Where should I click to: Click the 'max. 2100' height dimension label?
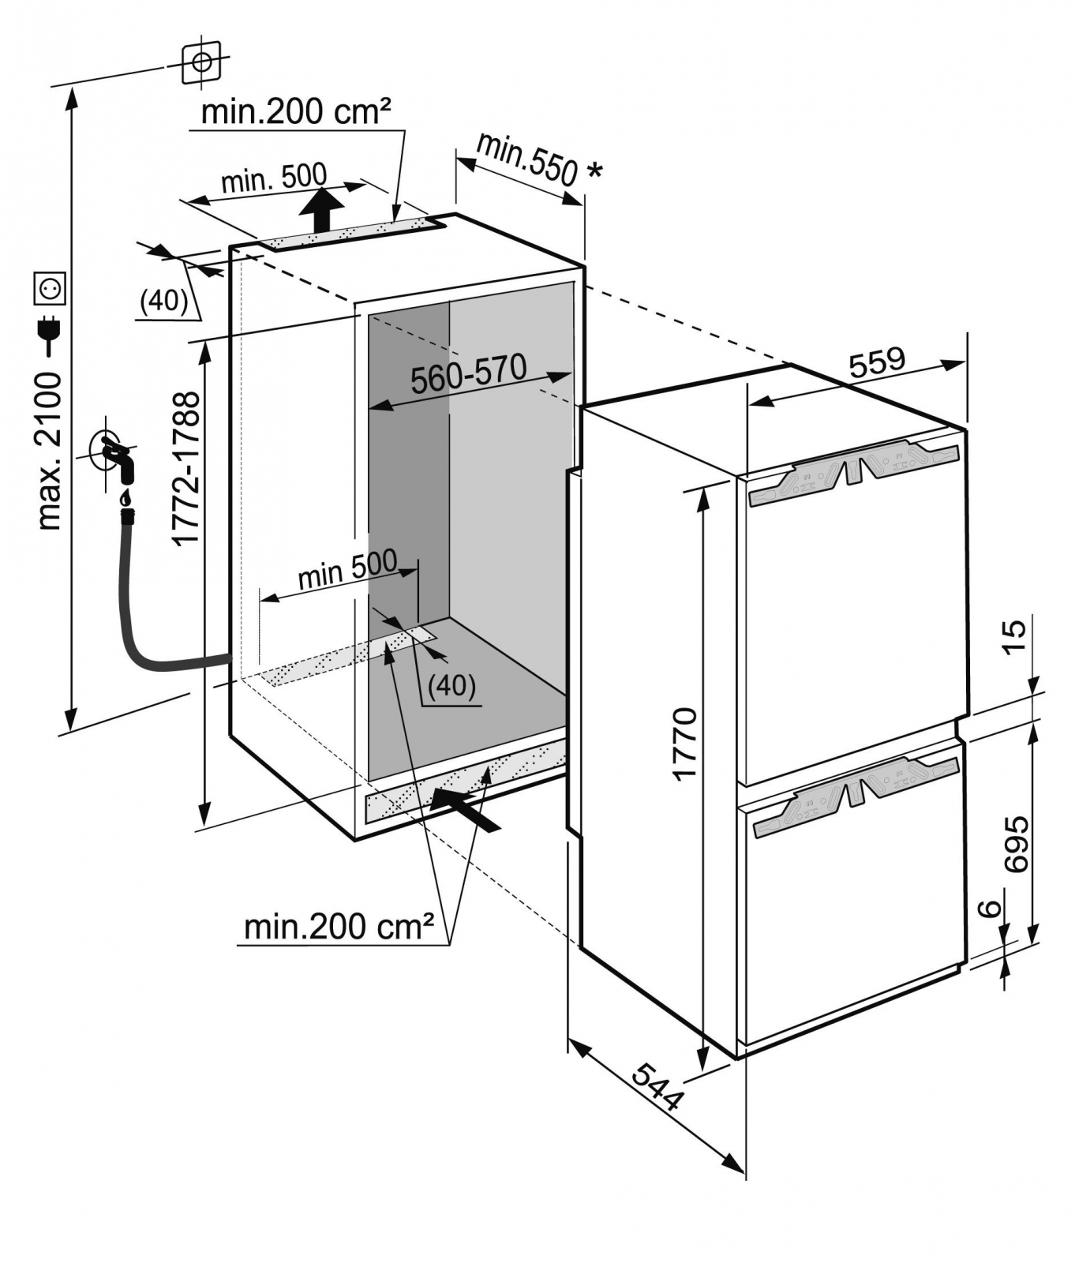click(49, 450)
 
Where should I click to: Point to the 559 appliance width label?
click(877, 362)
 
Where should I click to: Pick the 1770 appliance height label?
click(684, 744)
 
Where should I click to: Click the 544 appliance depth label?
click(657, 1087)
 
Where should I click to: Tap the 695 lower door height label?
click(1016, 843)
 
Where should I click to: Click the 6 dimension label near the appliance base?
click(990, 909)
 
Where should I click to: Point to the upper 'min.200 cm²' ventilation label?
click(296, 111)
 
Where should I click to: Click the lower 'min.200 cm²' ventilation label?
click(339, 926)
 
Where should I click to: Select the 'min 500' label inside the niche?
click(347, 570)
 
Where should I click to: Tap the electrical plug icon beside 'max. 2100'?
click(50, 332)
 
